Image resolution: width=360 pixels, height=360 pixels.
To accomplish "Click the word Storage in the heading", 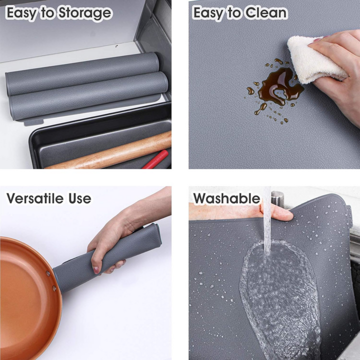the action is pyautogui.click(x=84, y=13).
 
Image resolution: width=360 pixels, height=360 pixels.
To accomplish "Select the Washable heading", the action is pyautogui.click(x=227, y=198).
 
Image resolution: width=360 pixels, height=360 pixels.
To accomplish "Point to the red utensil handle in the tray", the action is pyautogui.click(x=155, y=159).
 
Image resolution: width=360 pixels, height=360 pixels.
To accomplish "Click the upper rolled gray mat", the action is pyautogui.click(x=82, y=73).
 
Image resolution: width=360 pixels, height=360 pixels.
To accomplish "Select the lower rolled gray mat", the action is pyautogui.click(x=88, y=95).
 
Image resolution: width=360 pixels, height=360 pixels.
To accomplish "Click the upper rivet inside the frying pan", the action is pyautogui.click(x=48, y=273).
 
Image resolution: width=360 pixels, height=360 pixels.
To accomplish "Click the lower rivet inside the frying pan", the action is pyautogui.click(x=54, y=288).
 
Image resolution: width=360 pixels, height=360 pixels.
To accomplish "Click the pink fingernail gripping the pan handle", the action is pyautogui.click(x=96, y=270).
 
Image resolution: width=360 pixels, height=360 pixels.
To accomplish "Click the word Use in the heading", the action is pyautogui.click(x=80, y=198).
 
